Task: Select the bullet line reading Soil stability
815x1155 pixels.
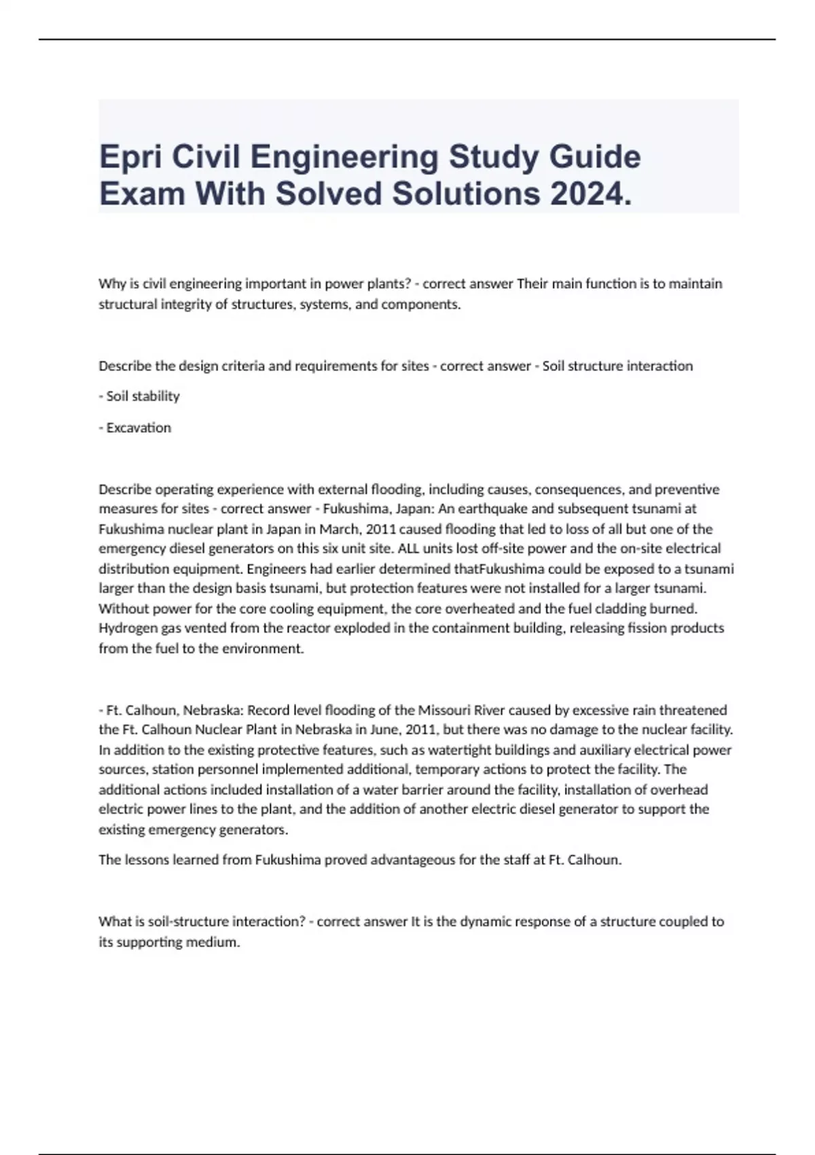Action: click(x=139, y=396)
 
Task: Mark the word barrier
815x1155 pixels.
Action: click(x=414, y=790)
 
